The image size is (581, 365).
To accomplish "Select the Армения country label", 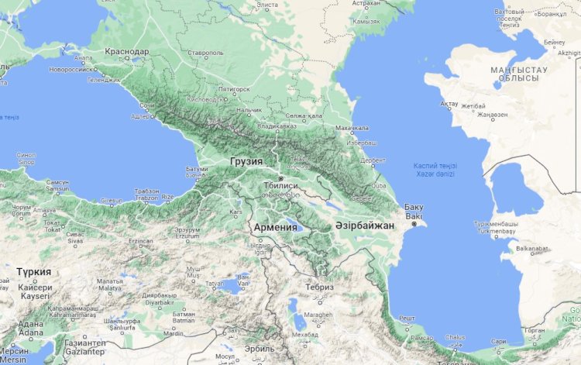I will (275, 227).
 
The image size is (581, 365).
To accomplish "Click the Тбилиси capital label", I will (280, 186).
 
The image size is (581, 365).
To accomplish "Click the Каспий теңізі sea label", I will (435, 167).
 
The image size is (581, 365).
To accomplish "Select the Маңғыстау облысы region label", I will (519, 74).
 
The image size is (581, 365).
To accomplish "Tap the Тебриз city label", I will (319, 287).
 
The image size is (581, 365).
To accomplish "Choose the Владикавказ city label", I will (277, 125).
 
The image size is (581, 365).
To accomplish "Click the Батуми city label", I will (198, 168).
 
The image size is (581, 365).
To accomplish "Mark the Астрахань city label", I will (366, 3).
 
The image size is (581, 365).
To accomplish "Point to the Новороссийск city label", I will (70, 68).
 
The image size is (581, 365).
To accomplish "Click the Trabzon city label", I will (146, 197).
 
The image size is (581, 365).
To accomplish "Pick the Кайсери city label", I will (34, 287).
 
